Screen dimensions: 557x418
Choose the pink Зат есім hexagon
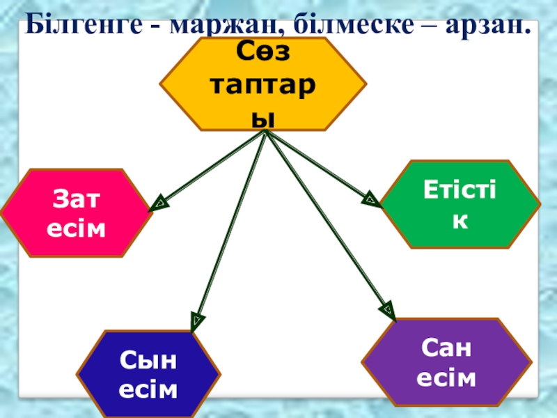[77, 212]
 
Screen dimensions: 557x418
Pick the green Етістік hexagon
[459, 204]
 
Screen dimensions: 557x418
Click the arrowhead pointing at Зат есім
[159, 204]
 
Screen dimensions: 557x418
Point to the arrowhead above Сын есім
[197, 321]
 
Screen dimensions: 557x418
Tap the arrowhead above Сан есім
[386, 309]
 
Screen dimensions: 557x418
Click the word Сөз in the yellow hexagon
[262, 51]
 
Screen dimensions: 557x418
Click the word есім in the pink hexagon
[77, 228]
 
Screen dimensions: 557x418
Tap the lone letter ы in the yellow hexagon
[263, 121]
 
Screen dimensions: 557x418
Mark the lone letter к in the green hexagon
[459, 219]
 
